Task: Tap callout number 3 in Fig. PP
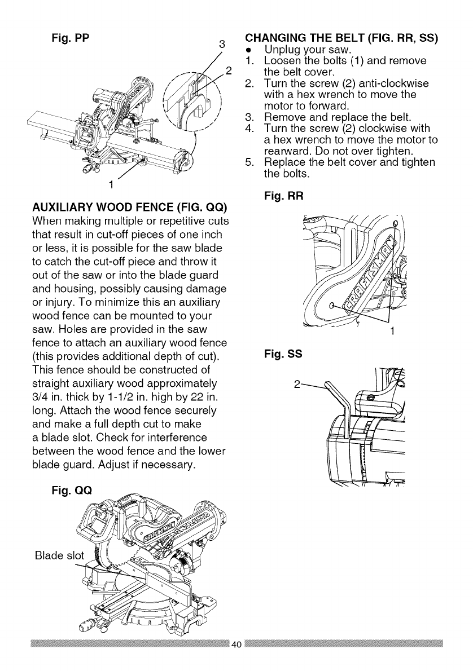(x=222, y=44)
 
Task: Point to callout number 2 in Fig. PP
(x=229, y=71)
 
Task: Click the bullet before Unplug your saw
(x=249, y=51)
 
